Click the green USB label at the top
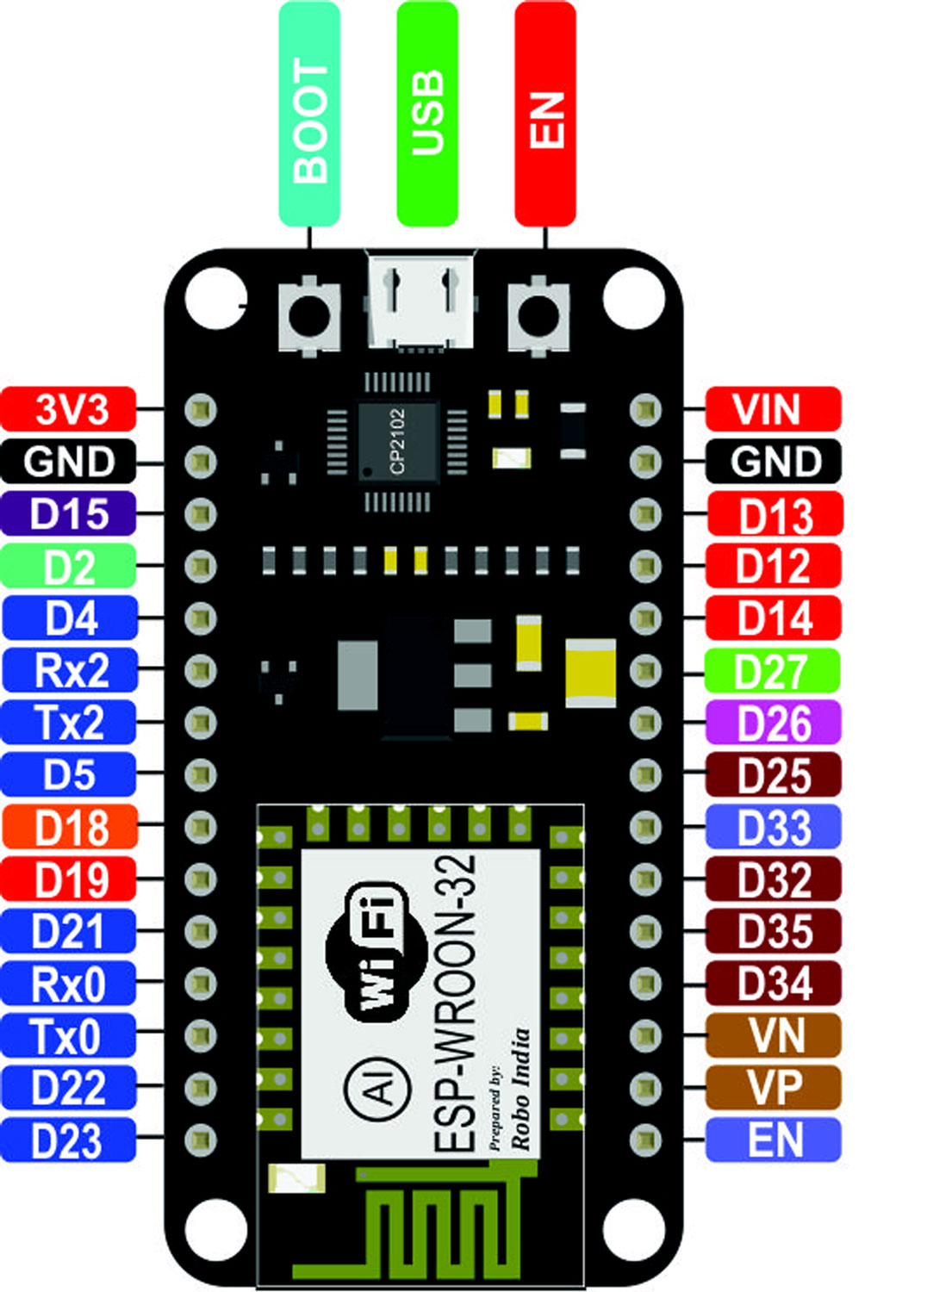[426, 114]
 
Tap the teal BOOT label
[309, 114]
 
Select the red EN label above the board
[544, 114]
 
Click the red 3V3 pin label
[69, 409]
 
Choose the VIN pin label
[773, 409]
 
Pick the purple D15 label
[69, 514]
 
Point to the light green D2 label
[69, 567]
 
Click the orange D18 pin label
[69, 828]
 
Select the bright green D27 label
[773, 671]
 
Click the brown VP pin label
[773, 1088]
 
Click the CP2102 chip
[397, 441]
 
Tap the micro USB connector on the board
[421, 301]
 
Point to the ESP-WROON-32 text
[454, 1003]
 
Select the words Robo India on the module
[520, 1090]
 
